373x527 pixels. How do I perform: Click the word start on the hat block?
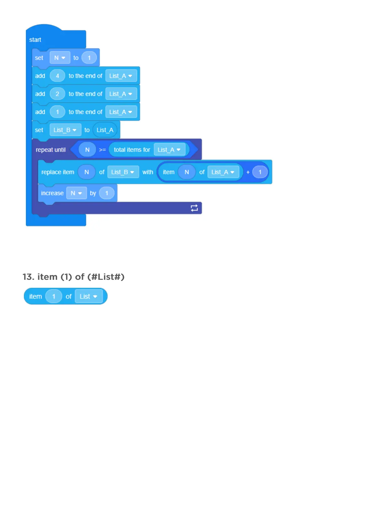[x=35, y=40]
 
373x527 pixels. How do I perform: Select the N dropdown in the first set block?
[x=60, y=58]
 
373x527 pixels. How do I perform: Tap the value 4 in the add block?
[x=57, y=76]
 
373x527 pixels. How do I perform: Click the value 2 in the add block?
[x=57, y=94]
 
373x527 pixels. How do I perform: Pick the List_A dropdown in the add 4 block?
[x=121, y=76]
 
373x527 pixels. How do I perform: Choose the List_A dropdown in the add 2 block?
[x=121, y=94]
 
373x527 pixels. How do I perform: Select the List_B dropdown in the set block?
[x=65, y=130]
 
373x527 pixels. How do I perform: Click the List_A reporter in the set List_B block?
[x=105, y=130]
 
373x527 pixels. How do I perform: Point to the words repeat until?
[x=51, y=150]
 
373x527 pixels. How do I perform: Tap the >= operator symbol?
[x=102, y=150]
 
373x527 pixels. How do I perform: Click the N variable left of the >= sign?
[x=87, y=150]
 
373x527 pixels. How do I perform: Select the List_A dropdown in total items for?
[x=169, y=150]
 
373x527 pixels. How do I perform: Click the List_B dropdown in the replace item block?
[x=123, y=172]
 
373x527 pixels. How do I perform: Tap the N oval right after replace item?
[x=87, y=172]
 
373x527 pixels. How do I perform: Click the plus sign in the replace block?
[x=248, y=172]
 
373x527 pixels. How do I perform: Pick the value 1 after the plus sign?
[x=260, y=172]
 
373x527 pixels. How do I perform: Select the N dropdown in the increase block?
[x=76, y=193]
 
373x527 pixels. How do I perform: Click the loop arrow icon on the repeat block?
[x=194, y=208]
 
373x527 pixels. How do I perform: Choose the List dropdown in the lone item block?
[x=89, y=296]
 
